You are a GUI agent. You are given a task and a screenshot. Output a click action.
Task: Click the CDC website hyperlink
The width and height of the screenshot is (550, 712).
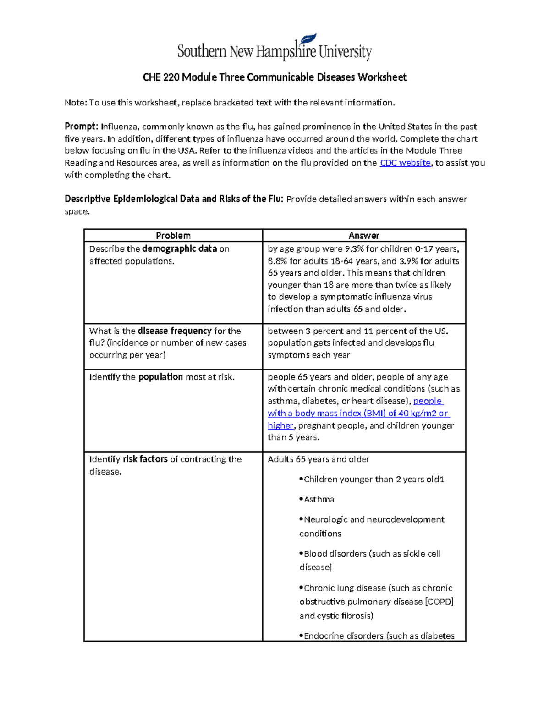pyautogui.click(x=405, y=163)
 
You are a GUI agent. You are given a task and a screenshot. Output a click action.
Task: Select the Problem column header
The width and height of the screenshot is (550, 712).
pyautogui.click(x=173, y=236)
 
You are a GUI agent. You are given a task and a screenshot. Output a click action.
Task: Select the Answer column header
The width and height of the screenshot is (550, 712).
pyautogui.click(x=364, y=236)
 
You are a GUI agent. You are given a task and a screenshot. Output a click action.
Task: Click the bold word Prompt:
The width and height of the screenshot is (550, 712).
pyautogui.click(x=81, y=127)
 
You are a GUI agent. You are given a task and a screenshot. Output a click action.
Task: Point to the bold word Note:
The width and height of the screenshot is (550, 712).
pyautogui.click(x=76, y=103)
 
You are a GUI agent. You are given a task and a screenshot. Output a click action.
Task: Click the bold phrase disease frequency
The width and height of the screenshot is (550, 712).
pyautogui.click(x=174, y=331)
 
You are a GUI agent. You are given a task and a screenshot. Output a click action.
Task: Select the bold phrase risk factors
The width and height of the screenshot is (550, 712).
pyautogui.click(x=145, y=459)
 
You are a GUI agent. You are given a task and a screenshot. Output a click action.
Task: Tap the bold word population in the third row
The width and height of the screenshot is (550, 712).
pyautogui.click(x=160, y=377)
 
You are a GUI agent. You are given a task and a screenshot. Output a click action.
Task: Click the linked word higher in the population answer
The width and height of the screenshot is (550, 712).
pyautogui.click(x=280, y=425)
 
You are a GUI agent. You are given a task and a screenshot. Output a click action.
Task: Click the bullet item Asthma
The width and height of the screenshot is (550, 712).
pyautogui.click(x=319, y=499)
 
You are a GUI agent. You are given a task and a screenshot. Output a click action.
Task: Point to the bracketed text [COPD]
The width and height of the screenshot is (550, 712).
pyautogui.click(x=439, y=602)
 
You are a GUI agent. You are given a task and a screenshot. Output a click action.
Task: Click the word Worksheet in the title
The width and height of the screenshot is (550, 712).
pyautogui.click(x=382, y=77)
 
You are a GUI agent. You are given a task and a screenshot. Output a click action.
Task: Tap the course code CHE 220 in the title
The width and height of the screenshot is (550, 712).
pyautogui.click(x=160, y=77)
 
